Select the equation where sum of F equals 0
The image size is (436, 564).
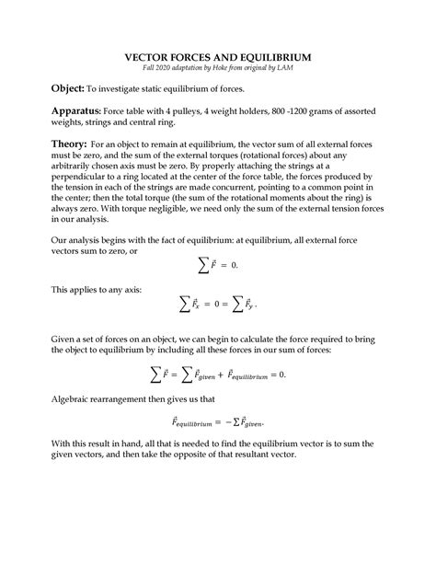pyautogui.click(x=218, y=265)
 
